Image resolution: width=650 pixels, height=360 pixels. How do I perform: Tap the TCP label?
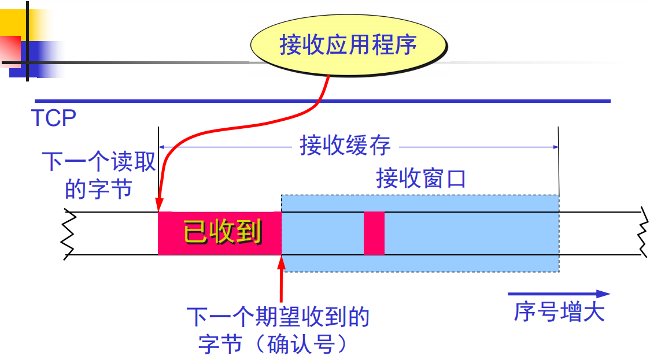[54, 118]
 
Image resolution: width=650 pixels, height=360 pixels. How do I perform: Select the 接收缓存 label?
[345, 146]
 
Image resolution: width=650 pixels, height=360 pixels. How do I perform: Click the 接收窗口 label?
[420, 179]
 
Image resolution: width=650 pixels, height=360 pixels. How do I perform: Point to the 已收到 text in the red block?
[222, 232]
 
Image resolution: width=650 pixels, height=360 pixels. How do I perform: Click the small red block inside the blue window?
[374, 233]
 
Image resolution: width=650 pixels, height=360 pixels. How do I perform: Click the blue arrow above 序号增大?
[559, 294]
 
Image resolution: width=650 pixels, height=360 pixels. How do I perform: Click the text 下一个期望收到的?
[278, 317]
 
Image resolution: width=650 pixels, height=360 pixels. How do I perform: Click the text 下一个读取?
[99, 162]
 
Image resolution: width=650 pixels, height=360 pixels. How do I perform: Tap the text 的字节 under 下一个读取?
[98, 189]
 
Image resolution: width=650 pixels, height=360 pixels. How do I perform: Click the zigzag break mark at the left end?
[69, 233]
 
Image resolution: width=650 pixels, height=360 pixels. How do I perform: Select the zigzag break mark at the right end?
[642, 233]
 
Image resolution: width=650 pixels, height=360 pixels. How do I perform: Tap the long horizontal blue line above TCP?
[322, 101]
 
